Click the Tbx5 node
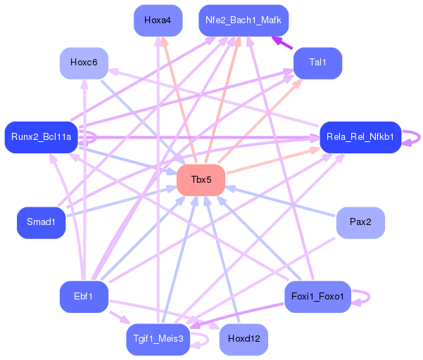pos(201,180)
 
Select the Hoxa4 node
pos(158,20)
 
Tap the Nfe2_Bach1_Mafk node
pos(244,20)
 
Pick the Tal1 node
pos(318,63)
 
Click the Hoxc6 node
pos(84,63)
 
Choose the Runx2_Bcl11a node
pos(42,137)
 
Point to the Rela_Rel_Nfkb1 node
pos(360,137)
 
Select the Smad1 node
pos(42,223)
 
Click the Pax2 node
pos(360,223)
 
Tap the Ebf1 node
pos(84,297)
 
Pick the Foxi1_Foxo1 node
pos(318,297)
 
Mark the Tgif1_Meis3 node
pos(158,340)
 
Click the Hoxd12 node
pos(244,340)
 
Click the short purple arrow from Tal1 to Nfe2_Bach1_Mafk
pos(282,43)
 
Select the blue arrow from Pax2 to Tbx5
pos(280,202)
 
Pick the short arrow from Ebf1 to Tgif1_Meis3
pos(120,318)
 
